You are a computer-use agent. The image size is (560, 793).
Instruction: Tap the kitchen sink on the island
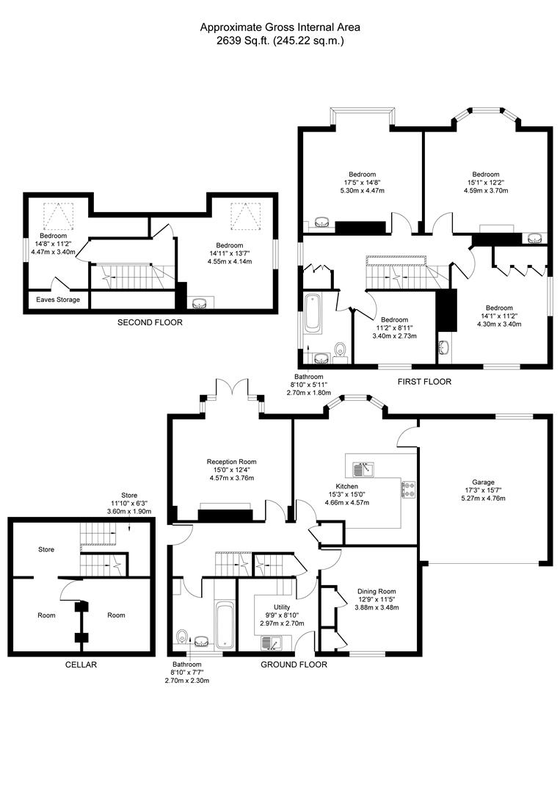click(363, 468)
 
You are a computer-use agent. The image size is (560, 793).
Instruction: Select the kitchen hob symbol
click(408, 489)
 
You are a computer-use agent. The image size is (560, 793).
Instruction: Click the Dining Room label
click(377, 591)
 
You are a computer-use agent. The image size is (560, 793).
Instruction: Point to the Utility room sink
click(272, 644)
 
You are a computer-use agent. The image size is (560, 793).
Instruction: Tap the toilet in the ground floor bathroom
click(183, 637)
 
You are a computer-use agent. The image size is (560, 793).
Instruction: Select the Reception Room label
click(231, 462)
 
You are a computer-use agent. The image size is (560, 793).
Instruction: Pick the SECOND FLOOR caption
click(150, 322)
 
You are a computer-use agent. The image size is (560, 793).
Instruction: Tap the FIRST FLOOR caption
click(424, 382)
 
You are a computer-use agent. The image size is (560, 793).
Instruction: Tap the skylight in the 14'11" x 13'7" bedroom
click(241, 214)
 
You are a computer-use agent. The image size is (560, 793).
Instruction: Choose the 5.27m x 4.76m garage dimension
click(483, 499)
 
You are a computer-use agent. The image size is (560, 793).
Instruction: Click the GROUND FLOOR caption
click(294, 665)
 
